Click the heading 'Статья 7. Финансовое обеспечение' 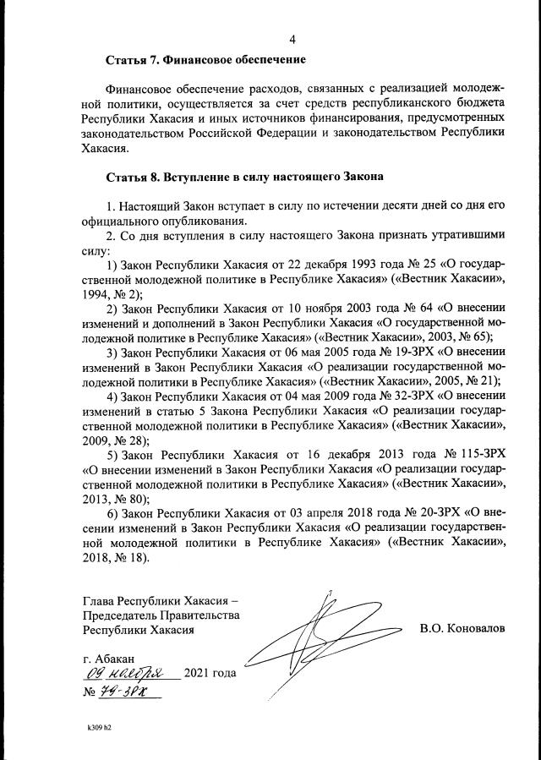(205, 61)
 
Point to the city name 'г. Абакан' (107, 659)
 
